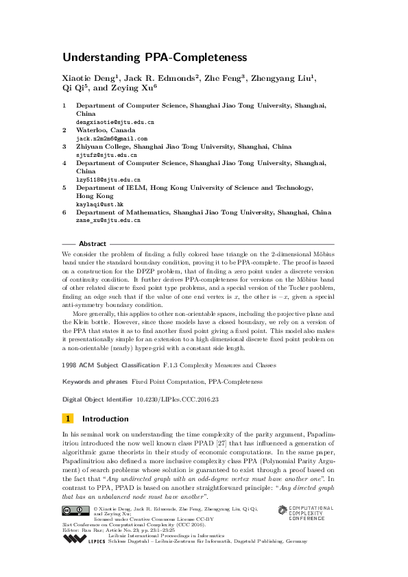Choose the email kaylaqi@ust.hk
pyautogui.click(x=99, y=204)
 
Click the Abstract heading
pyautogui.click(x=93, y=244)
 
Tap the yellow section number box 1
pyautogui.click(x=67, y=419)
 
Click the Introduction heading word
pyautogui.click(x=105, y=419)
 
